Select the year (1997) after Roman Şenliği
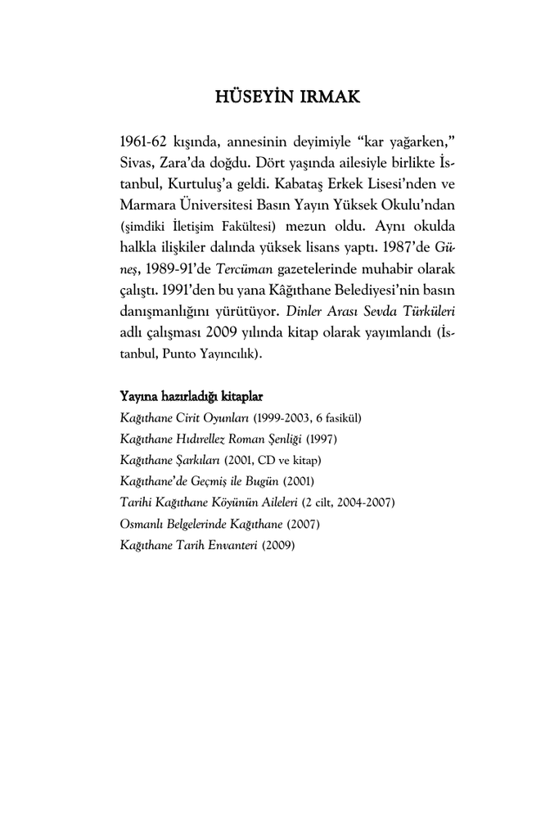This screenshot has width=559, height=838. coord(321,439)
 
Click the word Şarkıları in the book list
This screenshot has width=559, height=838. coord(199,461)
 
